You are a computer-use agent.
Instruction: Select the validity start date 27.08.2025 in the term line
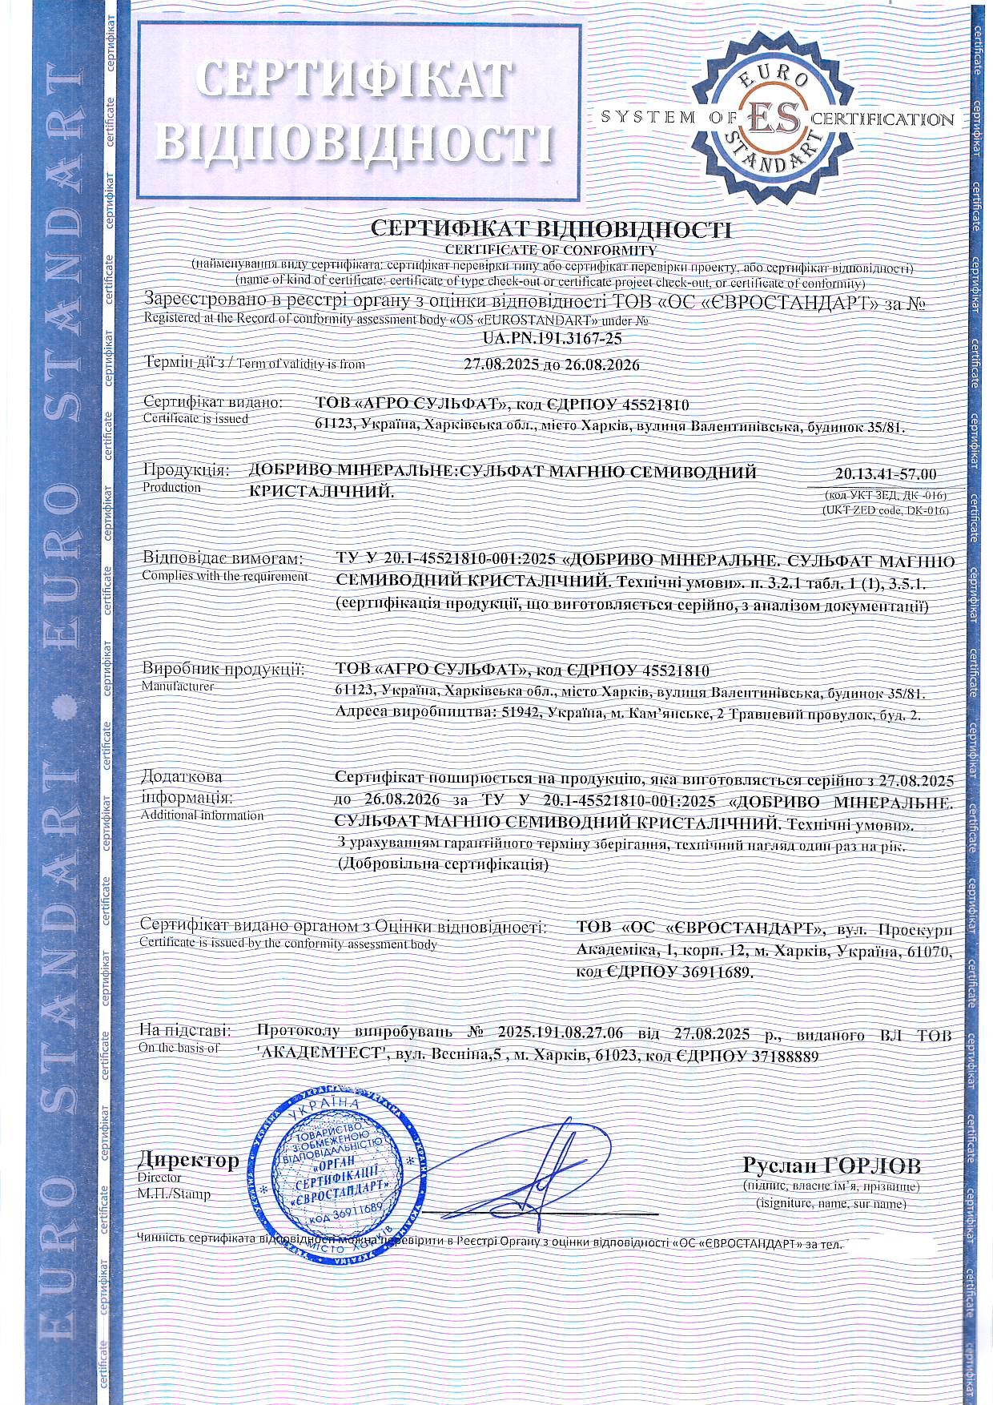496,364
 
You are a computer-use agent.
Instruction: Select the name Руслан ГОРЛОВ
832,1164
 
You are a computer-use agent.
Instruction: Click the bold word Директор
188,1160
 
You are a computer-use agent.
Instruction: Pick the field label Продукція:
186,471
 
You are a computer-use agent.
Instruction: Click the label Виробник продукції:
223,669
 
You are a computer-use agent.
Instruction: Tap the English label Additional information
202,815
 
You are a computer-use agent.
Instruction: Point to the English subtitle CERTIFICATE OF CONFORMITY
551,250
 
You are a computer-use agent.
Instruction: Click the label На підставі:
186,1030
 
